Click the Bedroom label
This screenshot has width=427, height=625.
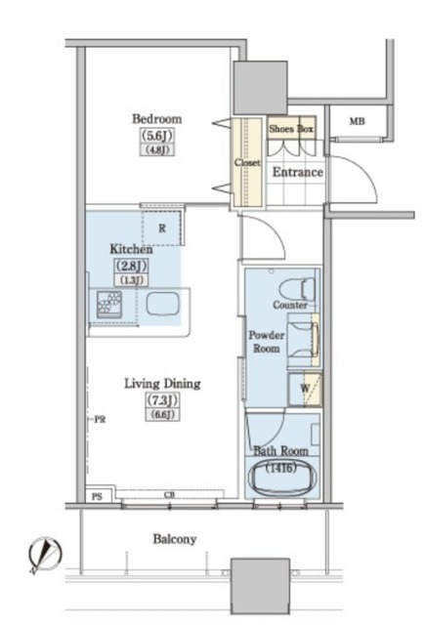(156, 119)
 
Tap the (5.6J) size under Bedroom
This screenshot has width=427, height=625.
(157, 136)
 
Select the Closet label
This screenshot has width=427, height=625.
(247, 162)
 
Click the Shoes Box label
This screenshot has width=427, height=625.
(291, 128)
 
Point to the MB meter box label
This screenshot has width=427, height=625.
(357, 121)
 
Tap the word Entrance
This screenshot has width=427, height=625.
(297, 172)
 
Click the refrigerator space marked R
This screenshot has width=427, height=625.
(162, 229)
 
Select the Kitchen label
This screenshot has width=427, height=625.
(131, 249)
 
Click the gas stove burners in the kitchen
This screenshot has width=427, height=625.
(109, 304)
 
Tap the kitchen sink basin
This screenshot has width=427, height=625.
(162, 304)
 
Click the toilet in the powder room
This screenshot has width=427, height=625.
(297, 289)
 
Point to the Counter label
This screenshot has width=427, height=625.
(290, 305)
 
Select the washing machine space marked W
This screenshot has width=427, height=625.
(305, 390)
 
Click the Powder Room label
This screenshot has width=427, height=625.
(267, 342)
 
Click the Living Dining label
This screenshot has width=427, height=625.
(162, 384)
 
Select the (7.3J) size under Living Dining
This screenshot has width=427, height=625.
(162, 399)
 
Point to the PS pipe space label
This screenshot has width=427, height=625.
(97, 497)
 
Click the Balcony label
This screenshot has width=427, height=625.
(175, 539)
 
